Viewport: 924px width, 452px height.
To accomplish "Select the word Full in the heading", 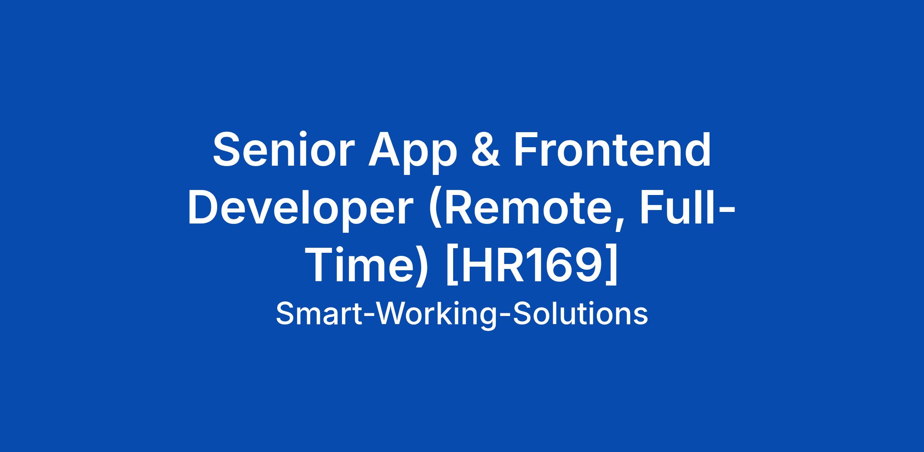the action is (676, 207).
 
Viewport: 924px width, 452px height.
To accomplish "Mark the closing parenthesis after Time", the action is (422, 269).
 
